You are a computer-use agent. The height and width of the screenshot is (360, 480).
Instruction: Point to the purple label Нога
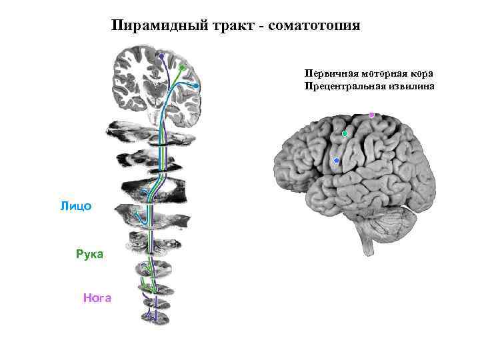tap(97, 298)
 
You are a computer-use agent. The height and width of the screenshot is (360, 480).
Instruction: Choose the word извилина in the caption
tap(411, 86)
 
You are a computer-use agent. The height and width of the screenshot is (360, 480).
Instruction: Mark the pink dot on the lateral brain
tap(371, 115)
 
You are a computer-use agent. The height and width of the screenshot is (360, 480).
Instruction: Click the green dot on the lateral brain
tap(345, 134)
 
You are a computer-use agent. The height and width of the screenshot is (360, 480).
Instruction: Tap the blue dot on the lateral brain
tap(336, 161)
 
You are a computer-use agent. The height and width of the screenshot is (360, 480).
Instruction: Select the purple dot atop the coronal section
tap(161, 56)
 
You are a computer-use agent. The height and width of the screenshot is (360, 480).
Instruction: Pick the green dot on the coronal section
tap(182, 68)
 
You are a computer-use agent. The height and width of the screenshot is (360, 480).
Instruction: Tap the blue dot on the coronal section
tap(196, 86)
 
